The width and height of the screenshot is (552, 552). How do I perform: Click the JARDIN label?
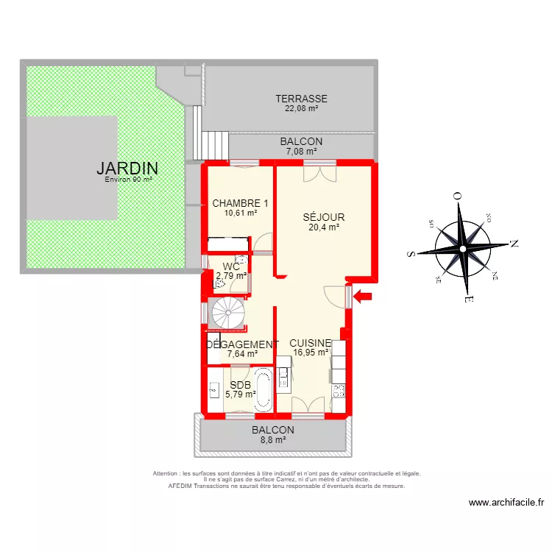[x=127, y=168]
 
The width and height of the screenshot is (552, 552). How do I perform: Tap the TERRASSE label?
[x=301, y=99]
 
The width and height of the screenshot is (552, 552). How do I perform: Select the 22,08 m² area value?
[x=301, y=108]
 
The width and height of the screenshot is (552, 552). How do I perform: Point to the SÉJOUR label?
[x=324, y=218]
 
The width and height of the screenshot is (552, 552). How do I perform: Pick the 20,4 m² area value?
[x=324, y=227]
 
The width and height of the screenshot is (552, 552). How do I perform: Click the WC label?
[x=231, y=266]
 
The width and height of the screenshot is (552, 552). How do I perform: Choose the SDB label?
[x=241, y=385]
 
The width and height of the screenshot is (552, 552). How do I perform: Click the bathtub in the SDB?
[x=263, y=389]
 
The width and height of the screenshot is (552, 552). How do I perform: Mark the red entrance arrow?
[x=364, y=297]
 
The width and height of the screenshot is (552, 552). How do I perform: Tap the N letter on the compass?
[x=514, y=244]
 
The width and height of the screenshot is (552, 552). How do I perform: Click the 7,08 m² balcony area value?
[x=301, y=151]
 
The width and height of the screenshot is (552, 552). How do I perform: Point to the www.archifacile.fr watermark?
[x=506, y=503]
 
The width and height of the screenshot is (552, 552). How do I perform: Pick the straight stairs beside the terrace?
[x=216, y=144]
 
